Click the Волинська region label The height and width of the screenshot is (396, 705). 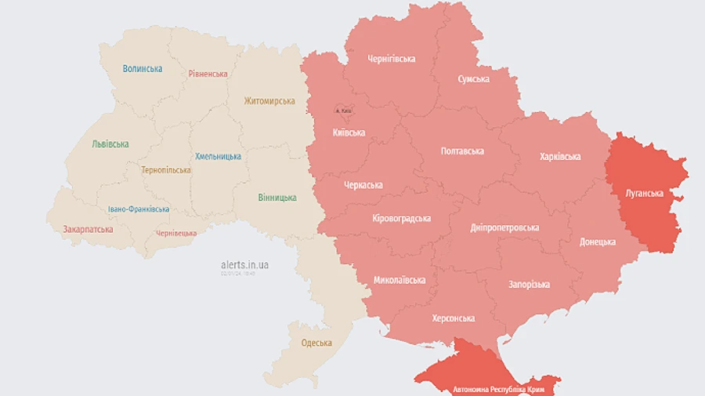click(x=143, y=68)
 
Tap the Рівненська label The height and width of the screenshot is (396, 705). click(x=208, y=74)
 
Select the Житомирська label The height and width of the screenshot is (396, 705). click(x=269, y=101)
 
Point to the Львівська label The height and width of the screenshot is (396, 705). click(x=110, y=144)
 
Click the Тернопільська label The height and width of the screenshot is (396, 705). click(x=166, y=170)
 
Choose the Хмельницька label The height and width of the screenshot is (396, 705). click(x=219, y=156)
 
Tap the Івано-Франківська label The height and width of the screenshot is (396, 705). click(x=139, y=209)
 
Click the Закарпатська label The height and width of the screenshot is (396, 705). click(x=88, y=230)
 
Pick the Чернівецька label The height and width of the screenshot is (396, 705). click(x=176, y=234)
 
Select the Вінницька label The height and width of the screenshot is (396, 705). click(x=277, y=198)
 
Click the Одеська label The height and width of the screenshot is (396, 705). click(x=316, y=343)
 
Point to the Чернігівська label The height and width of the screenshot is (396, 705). click(x=392, y=59)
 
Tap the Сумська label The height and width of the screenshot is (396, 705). click(x=474, y=79)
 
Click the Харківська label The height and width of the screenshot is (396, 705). click(x=560, y=157)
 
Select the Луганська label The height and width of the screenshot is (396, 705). click(x=645, y=193)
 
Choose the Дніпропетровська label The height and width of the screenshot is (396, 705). click(x=504, y=227)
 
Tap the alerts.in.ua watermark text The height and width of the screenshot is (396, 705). click(x=245, y=265)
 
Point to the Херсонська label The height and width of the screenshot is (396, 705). click(x=454, y=318)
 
